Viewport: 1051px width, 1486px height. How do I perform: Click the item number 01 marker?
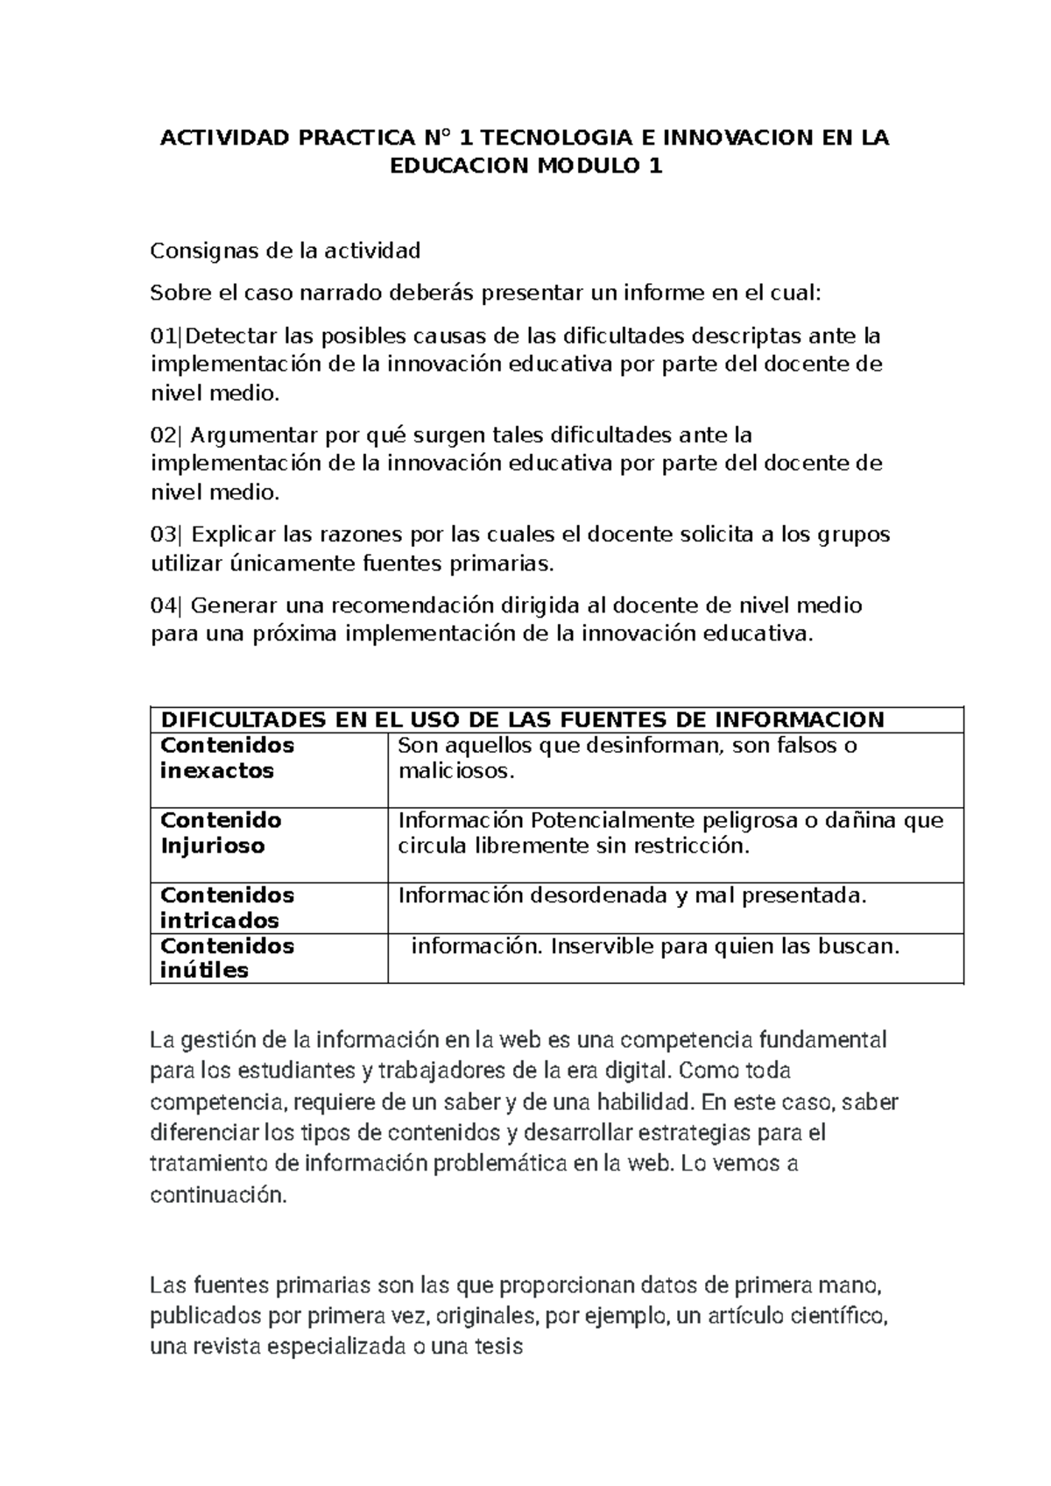click(163, 336)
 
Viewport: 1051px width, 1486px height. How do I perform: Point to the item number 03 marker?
click(164, 534)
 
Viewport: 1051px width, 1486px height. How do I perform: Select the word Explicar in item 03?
click(231, 534)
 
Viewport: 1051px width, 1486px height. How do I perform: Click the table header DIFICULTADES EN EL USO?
click(522, 720)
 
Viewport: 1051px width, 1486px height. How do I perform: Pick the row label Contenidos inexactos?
click(227, 758)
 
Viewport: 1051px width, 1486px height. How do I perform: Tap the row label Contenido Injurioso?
click(221, 833)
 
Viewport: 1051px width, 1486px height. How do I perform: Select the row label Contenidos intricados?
click(227, 908)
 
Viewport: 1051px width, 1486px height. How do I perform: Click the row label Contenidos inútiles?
click(227, 958)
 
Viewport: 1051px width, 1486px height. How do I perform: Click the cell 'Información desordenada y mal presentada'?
click(631, 895)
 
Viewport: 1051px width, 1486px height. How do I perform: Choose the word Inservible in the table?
click(602, 946)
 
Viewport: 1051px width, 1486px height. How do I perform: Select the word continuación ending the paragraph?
click(218, 1195)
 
